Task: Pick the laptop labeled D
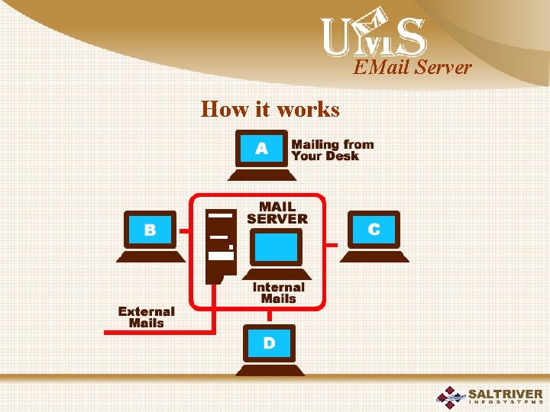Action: click(269, 349)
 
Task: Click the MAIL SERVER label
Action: click(277, 213)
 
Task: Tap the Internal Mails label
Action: click(278, 293)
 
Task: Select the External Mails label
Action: click(146, 317)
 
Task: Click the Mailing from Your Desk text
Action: click(332, 150)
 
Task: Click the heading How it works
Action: click(270, 109)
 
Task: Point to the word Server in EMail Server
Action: click(444, 68)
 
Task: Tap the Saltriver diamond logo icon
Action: click(451, 398)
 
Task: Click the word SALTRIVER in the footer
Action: click(506, 394)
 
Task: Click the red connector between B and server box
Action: click(184, 229)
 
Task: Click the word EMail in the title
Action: click(381, 68)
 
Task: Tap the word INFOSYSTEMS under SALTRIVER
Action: click(506, 404)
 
